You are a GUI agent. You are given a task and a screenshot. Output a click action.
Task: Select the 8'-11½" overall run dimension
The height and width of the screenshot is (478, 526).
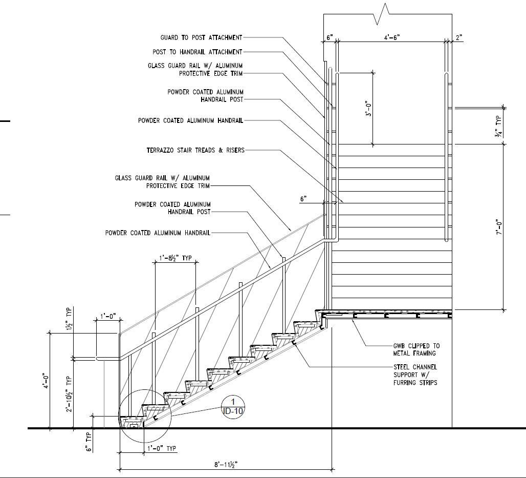(x=226, y=464)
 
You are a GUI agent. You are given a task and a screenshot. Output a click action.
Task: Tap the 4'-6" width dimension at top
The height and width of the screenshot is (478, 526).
(x=391, y=37)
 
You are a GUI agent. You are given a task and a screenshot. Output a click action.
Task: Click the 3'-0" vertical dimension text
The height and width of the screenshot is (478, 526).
(x=368, y=108)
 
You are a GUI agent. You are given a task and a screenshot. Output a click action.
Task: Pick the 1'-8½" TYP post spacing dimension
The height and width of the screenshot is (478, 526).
(x=174, y=258)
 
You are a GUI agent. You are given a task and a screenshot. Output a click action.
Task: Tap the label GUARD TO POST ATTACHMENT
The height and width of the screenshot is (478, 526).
(x=201, y=37)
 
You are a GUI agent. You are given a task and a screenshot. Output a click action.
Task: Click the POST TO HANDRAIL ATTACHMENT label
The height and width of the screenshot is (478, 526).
(x=198, y=52)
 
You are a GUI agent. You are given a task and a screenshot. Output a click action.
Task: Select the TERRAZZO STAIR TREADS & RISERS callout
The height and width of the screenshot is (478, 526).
(x=195, y=150)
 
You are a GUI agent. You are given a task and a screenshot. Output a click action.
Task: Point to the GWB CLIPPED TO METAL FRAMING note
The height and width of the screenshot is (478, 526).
(x=416, y=349)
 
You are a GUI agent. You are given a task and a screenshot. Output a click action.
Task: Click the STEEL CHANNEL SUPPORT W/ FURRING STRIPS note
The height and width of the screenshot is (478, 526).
(x=415, y=375)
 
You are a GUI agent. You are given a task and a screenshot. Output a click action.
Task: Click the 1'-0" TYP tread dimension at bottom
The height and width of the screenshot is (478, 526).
(x=161, y=448)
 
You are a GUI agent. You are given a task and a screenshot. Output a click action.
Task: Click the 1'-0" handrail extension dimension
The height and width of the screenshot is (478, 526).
(x=107, y=317)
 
